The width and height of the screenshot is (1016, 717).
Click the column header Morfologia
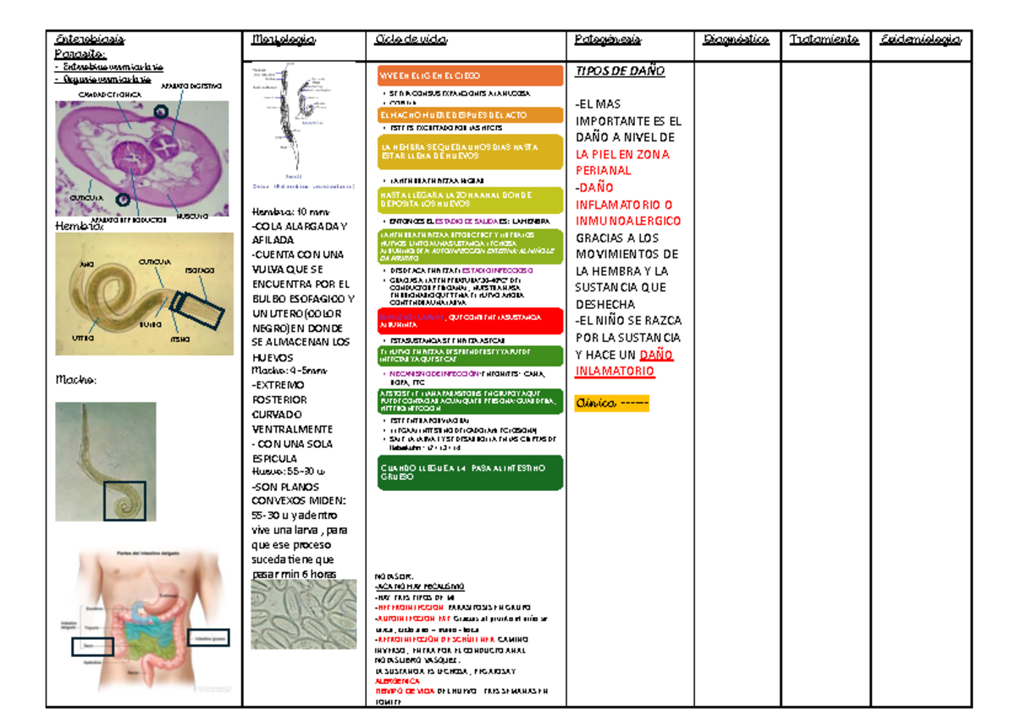[284, 40]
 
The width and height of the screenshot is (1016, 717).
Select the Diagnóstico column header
[735, 40]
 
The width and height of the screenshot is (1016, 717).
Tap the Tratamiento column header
[824, 40]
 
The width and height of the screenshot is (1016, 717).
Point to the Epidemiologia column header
[920, 40]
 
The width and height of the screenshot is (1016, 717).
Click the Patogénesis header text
[607, 40]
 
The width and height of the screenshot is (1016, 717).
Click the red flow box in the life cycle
[470, 320]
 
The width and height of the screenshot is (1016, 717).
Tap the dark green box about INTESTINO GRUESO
[470, 472]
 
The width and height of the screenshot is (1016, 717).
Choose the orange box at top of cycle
[470, 76]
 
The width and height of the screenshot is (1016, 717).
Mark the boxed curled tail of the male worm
[130, 500]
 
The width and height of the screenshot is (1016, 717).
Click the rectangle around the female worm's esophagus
[199, 307]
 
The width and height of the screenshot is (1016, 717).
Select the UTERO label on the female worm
[83, 338]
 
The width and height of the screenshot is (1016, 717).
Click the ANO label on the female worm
[86, 265]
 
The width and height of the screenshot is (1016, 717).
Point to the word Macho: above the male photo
[76, 381]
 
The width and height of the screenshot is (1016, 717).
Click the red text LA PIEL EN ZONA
[621, 154]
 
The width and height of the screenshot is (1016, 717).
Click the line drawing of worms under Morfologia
[292, 123]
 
